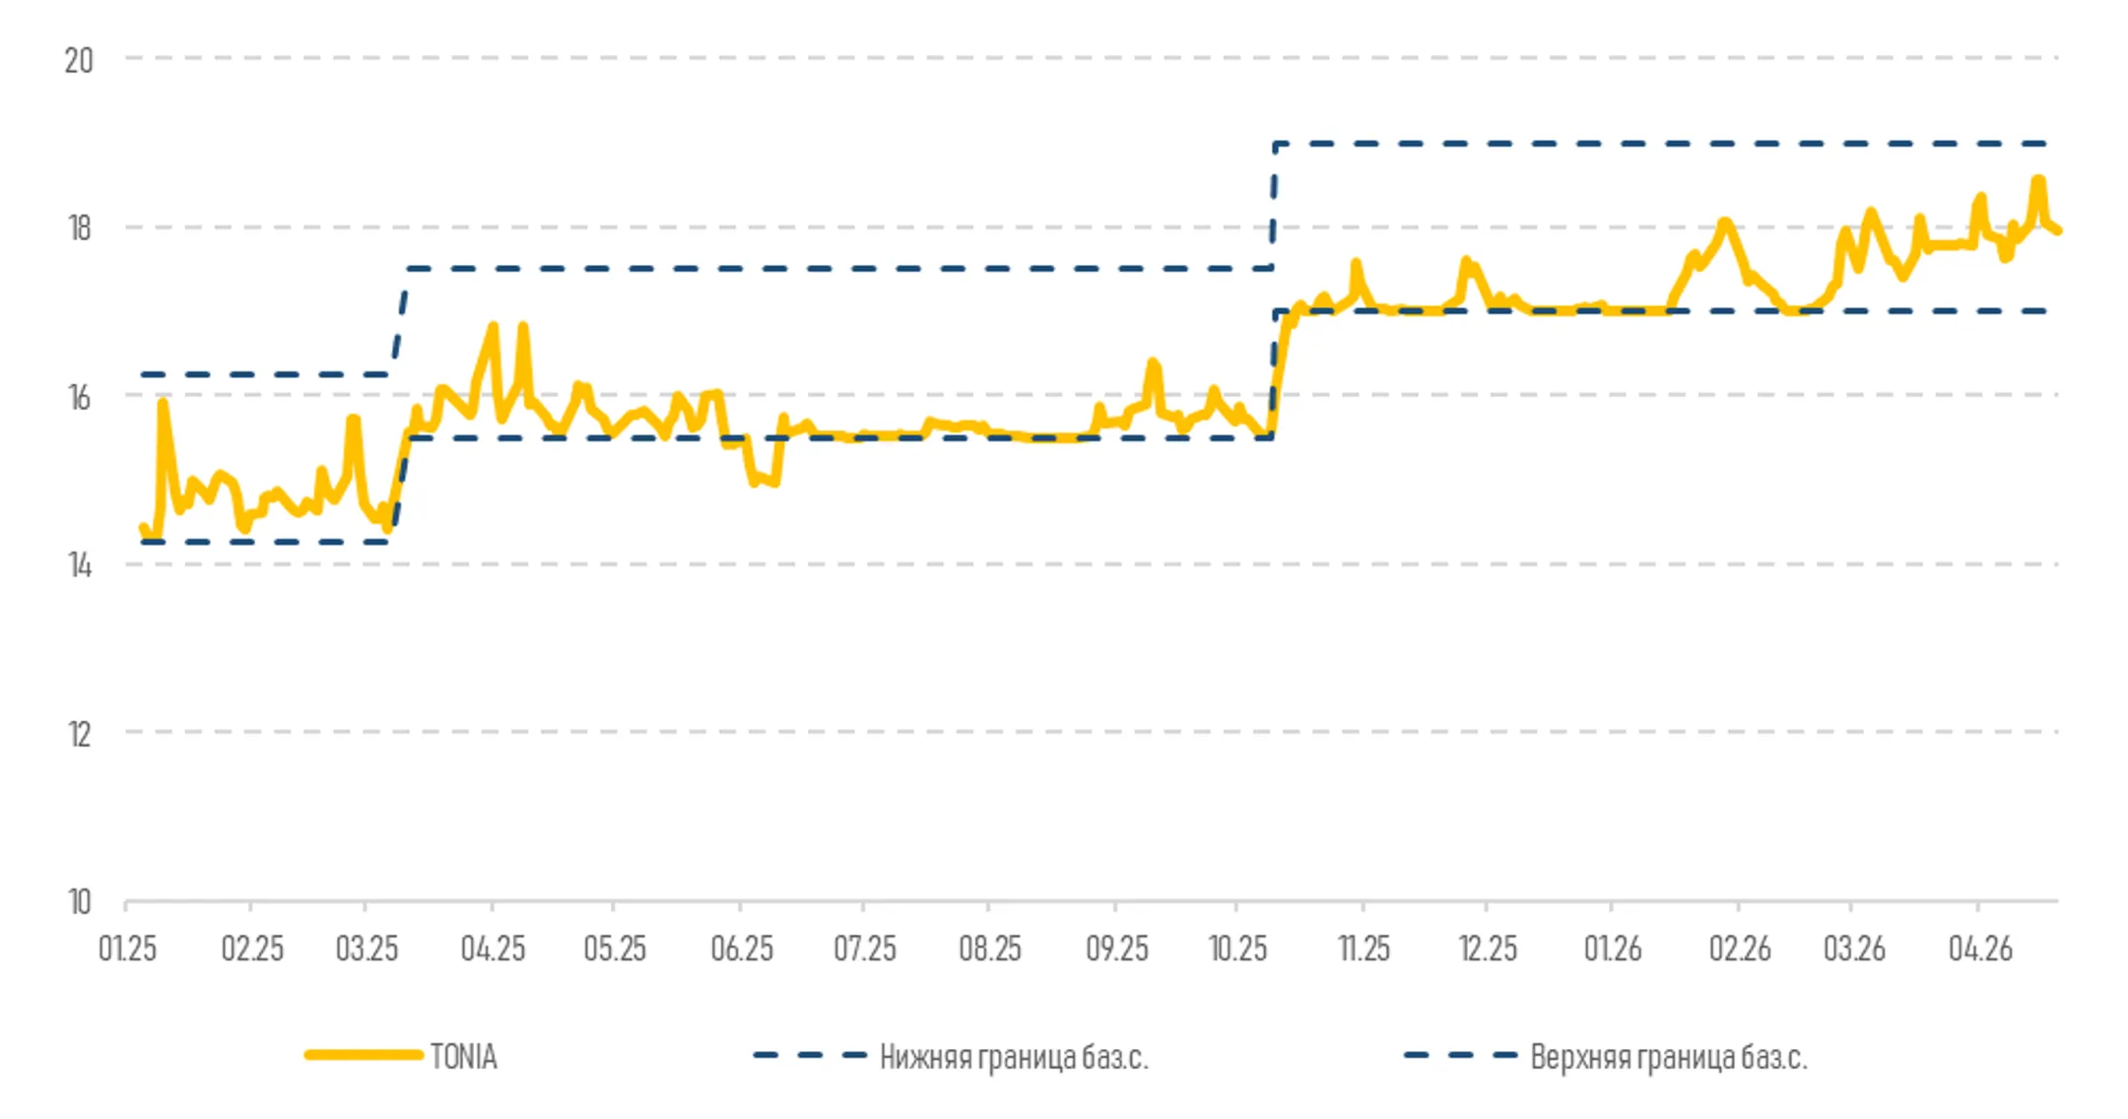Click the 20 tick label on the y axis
(x=79, y=61)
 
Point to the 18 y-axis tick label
(x=79, y=229)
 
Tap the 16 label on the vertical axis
(x=79, y=398)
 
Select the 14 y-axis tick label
(x=79, y=565)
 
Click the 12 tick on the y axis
(x=79, y=735)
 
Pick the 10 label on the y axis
(x=79, y=902)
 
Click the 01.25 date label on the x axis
(x=127, y=949)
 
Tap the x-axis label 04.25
(x=493, y=949)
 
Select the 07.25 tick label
(x=864, y=949)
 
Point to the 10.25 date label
(x=1237, y=949)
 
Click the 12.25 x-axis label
(x=1488, y=949)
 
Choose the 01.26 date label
(x=1613, y=949)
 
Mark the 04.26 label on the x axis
(x=1980, y=949)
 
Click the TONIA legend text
(x=463, y=1057)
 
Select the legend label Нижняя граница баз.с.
(x=1014, y=1057)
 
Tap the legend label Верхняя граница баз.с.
(x=1668, y=1057)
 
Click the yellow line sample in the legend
(x=364, y=1055)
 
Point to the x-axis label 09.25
(x=1117, y=949)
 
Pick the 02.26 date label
(x=1739, y=949)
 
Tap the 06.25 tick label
(x=742, y=949)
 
